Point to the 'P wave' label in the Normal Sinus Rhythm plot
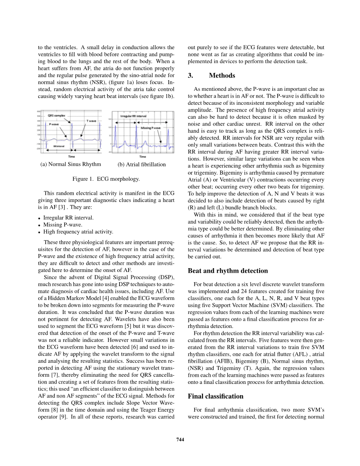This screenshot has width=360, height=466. point(53,124)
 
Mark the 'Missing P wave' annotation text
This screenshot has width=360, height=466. point(151,128)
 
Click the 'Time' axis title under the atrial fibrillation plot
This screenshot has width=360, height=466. point(143,156)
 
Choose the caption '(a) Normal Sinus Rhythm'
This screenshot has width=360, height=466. point(71,164)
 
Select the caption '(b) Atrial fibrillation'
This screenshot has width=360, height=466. point(142,165)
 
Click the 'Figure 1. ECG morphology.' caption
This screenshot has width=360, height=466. point(106,179)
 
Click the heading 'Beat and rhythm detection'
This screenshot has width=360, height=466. point(228,271)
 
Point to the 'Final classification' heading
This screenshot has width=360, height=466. point(216,396)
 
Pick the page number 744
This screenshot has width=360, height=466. point(180,439)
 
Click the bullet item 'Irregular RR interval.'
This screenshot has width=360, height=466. point(68,217)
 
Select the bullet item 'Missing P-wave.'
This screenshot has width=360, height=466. point(62,225)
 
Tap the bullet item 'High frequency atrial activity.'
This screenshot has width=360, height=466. point(78,232)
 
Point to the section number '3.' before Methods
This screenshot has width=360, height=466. point(191,76)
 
